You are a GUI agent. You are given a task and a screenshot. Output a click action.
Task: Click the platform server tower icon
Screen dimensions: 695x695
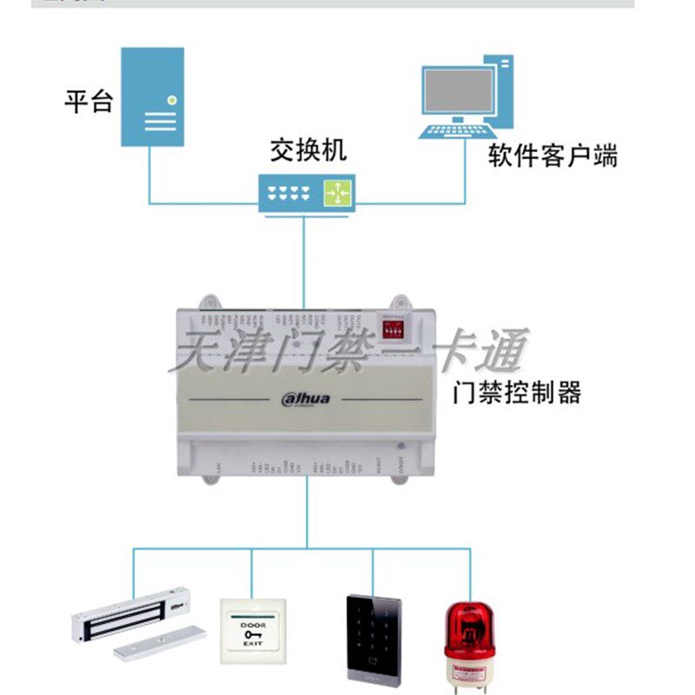pyautogui.click(x=151, y=96)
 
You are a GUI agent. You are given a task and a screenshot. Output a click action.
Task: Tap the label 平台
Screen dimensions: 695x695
pyautogui.click(x=89, y=103)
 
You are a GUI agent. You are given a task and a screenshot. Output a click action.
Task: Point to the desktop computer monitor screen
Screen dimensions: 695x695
pyautogui.click(x=458, y=89)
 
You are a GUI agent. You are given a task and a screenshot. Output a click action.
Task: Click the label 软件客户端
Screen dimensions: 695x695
pyautogui.click(x=553, y=156)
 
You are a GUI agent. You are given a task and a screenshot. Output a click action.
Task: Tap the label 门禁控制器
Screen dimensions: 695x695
pyautogui.click(x=517, y=393)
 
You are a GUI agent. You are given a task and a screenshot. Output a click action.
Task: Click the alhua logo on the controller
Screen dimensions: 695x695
pyautogui.click(x=312, y=399)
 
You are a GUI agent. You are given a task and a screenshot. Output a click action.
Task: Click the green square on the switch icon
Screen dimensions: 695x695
pyautogui.click(x=337, y=192)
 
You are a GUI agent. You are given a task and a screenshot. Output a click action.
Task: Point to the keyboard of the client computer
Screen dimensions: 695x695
pyautogui.click(x=453, y=131)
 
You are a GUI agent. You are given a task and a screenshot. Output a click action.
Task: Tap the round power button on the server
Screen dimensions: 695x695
pyautogui.click(x=174, y=100)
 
